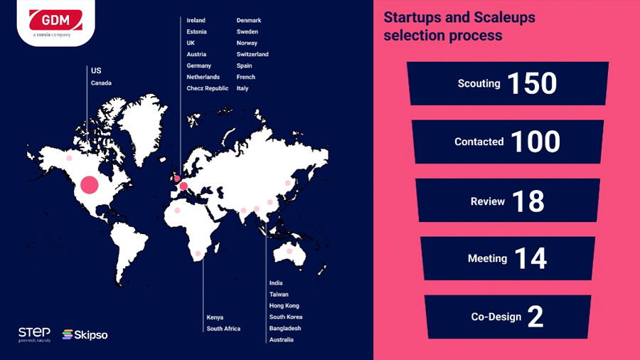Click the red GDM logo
[55, 20]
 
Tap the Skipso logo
[85, 334]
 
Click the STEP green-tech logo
[34, 334]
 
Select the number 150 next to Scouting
[532, 83]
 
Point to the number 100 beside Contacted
[535, 142]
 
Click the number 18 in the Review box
[528, 201]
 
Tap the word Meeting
[487, 258]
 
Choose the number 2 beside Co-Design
[535, 317]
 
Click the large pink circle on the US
[90, 185]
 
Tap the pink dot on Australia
[289, 251]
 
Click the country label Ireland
[196, 20]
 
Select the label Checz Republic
[208, 88]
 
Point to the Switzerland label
[252, 54]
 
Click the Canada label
[101, 83]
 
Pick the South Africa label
[223, 329]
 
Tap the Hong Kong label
[284, 306]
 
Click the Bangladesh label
[285, 328]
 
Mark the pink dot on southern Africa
[198, 253]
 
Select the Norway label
[247, 43]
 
